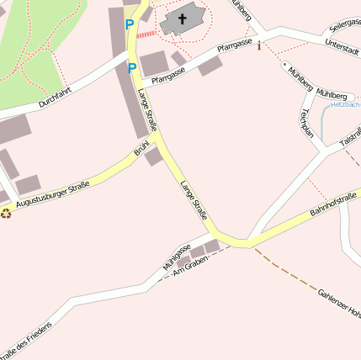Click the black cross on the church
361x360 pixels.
pyautogui.click(x=183, y=18)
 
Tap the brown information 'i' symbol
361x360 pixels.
pyautogui.click(x=259, y=46)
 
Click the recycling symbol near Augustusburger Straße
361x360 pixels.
pyautogui.click(x=7, y=213)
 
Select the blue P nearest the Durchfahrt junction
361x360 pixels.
pyautogui.click(x=132, y=67)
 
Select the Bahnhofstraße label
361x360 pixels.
pyautogui.click(x=334, y=204)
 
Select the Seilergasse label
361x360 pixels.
pyautogui.click(x=345, y=26)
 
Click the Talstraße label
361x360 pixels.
pyautogui.click(x=350, y=138)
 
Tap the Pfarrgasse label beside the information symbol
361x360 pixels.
pyautogui.click(x=235, y=47)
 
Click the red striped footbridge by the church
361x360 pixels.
pyautogui.click(x=147, y=34)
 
